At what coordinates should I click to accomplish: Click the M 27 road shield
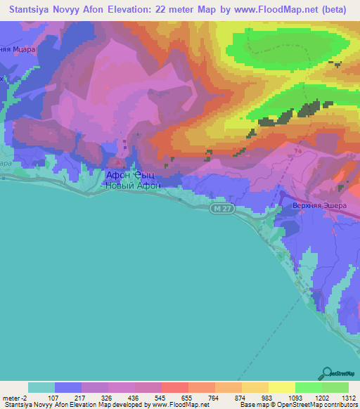221,209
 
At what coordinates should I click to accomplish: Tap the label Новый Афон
133,186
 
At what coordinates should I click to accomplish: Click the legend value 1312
349,397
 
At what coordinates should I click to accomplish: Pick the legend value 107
54,397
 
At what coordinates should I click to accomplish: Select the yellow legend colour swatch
282,387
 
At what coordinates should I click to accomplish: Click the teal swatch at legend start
41,387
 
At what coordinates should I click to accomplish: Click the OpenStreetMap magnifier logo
328,374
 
